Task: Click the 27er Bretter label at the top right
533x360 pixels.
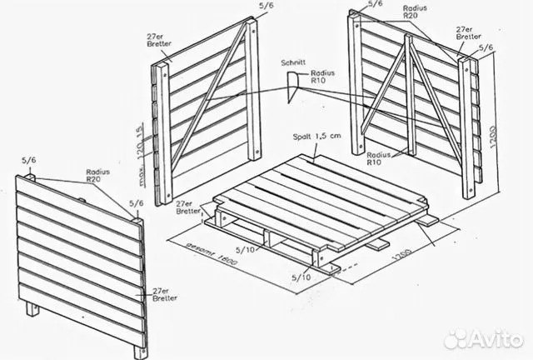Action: [467, 33]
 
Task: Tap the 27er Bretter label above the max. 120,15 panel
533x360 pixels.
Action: [158, 42]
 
